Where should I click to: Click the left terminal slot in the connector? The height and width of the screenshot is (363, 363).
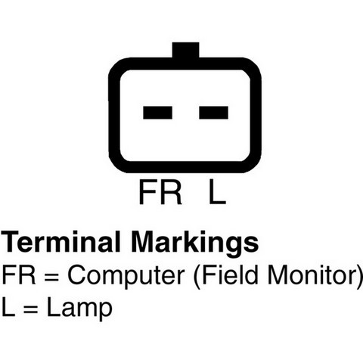point(157,113)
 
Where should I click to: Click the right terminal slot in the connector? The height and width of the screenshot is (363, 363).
point(213,113)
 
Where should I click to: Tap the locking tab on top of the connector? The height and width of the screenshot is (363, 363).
point(185,50)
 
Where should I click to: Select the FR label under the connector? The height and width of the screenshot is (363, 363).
point(160,192)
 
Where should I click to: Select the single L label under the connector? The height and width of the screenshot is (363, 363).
point(217,192)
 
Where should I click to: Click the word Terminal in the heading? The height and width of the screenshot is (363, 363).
point(60,241)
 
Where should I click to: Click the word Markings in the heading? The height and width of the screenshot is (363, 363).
point(194,244)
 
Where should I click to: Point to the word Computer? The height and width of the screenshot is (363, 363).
point(126,277)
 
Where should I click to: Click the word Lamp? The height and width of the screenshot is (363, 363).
point(79,309)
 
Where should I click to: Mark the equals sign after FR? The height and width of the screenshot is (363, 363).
point(51,277)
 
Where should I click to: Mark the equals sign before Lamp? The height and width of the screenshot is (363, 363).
point(31,309)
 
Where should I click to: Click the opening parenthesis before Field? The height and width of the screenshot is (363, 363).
point(197,277)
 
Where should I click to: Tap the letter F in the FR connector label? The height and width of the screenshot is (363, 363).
point(147,192)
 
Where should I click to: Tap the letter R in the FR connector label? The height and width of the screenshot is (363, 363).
point(172,192)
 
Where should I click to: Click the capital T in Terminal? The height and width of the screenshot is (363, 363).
point(11,241)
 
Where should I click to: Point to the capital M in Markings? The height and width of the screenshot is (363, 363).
point(142,241)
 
